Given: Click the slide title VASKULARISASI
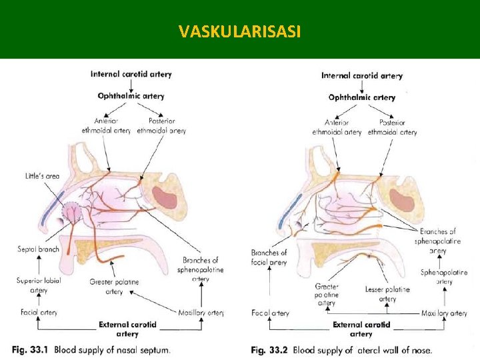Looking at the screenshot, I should (x=239, y=31).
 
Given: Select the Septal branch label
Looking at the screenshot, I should (x=38, y=249).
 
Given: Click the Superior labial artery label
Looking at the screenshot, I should (x=39, y=285).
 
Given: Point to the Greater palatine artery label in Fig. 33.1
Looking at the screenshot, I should (x=114, y=287).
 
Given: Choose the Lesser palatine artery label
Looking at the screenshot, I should (x=387, y=294).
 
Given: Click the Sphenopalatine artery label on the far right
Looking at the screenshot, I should (x=444, y=277).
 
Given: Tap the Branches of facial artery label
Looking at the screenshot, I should (x=269, y=257).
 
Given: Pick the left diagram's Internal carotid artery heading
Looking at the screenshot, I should (x=131, y=74).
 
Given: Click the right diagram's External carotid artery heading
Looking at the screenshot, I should (x=361, y=329).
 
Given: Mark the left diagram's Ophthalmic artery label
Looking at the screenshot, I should (x=131, y=96).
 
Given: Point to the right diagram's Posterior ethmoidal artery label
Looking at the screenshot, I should (x=392, y=127).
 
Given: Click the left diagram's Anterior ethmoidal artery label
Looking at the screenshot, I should (x=106, y=126).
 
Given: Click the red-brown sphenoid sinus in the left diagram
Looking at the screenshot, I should (x=163, y=198).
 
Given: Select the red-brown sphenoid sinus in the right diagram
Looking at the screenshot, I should (x=399, y=201).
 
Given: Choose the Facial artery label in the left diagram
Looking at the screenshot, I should (x=39, y=312).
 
